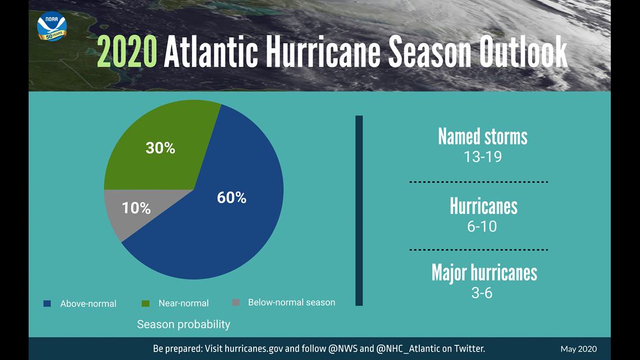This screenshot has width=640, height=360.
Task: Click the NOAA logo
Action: [52, 26]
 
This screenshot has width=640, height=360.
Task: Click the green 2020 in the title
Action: [127, 52]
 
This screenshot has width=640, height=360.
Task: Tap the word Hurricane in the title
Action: [323, 52]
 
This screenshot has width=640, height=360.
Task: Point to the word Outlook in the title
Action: [523, 52]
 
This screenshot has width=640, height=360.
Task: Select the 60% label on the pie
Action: [231, 198]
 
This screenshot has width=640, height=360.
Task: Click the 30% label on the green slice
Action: [161, 148]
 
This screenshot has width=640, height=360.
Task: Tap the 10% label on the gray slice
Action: [136, 208]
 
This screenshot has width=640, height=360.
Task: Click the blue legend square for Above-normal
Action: [47, 304]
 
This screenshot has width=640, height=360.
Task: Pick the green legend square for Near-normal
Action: [145, 303]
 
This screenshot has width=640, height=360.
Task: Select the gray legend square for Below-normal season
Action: [236, 303]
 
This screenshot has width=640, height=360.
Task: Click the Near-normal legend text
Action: [184, 303]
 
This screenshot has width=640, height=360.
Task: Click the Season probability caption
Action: [184, 325]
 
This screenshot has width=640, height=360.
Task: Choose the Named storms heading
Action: [483, 136]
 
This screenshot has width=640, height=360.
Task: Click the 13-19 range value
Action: [483, 157]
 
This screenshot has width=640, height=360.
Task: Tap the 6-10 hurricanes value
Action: [482, 226]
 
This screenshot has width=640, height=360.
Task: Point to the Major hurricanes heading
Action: [484, 273]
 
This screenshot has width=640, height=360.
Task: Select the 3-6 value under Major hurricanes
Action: [482, 293]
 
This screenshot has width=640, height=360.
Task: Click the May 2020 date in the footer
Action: [579, 349]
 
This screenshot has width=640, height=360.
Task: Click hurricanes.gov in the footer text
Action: [254, 349]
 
